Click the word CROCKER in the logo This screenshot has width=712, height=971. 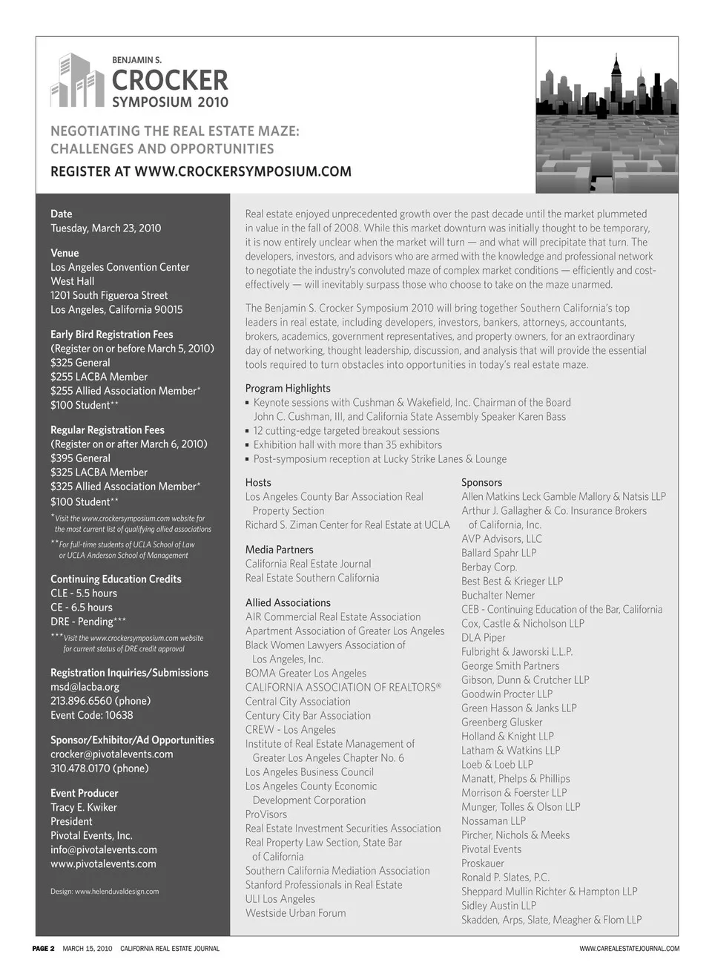(x=170, y=80)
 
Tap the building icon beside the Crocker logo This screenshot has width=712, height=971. (x=76, y=80)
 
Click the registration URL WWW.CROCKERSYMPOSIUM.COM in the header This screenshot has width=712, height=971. (x=243, y=171)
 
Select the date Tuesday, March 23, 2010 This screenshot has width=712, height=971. (x=105, y=228)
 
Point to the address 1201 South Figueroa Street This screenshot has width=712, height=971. (x=109, y=295)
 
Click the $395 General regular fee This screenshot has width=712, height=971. (x=80, y=458)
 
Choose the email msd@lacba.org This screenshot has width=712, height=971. (x=85, y=687)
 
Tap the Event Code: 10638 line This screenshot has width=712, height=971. (x=92, y=715)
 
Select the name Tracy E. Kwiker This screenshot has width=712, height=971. (x=84, y=807)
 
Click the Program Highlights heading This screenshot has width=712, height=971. (x=288, y=388)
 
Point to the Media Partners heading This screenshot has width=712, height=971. (x=279, y=550)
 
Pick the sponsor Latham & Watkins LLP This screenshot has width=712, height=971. (x=510, y=750)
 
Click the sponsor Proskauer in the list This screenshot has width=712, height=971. (x=482, y=863)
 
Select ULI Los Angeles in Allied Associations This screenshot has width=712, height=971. (x=280, y=898)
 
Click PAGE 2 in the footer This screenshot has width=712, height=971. (x=43, y=948)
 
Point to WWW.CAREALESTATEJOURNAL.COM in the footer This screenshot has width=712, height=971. (x=629, y=948)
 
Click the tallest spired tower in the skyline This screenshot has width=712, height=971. (x=615, y=82)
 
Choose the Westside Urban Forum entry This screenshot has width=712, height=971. (x=295, y=912)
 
